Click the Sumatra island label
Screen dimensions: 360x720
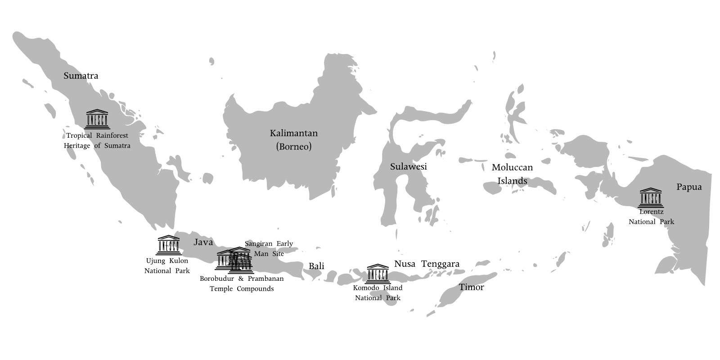click(81, 76)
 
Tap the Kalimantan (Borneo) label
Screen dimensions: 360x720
click(293, 139)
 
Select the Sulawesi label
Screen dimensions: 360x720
click(408, 167)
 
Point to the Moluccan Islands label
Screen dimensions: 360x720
click(512, 174)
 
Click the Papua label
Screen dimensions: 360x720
click(688, 187)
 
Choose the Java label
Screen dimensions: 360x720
click(203, 243)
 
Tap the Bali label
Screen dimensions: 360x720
click(316, 266)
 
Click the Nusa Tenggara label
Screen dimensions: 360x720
click(427, 264)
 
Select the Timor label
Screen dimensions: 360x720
click(471, 287)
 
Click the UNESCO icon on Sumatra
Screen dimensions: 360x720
click(97, 119)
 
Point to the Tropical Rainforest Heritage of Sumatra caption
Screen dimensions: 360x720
click(97, 140)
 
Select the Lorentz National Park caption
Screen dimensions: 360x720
click(651, 216)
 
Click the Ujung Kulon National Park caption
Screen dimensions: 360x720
click(167, 265)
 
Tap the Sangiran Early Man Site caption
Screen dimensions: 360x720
click(268, 248)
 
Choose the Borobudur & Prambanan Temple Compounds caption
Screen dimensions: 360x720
click(242, 283)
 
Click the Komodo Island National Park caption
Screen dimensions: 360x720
click(378, 292)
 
